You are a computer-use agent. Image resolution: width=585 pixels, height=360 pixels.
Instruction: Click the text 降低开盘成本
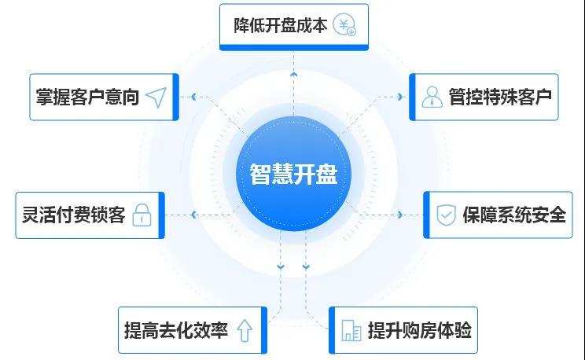[x=280, y=24]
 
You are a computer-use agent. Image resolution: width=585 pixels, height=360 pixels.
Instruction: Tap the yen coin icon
[x=344, y=25]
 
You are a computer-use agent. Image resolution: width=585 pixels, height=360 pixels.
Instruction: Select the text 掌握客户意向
[x=87, y=97]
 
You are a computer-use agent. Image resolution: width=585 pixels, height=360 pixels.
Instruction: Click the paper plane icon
[x=156, y=97]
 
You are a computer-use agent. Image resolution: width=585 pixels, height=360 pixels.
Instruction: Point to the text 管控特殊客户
[x=499, y=97]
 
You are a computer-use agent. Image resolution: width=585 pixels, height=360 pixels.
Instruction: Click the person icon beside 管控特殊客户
[x=431, y=97]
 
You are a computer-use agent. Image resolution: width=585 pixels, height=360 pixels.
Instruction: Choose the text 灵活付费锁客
[x=70, y=215]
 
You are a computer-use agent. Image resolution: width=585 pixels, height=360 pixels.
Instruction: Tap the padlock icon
[x=142, y=215]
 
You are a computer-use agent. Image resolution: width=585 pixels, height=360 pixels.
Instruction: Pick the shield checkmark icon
[x=446, y=215]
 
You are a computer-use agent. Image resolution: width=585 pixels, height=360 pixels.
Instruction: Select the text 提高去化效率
[x=176, y=330]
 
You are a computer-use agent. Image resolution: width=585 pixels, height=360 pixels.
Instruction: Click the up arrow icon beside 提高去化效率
[x=245, y=331]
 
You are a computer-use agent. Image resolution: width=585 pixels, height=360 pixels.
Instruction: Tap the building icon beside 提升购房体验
[x=351, y=331]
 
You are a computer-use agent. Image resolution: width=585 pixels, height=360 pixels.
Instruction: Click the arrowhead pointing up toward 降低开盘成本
[x=292, y=73]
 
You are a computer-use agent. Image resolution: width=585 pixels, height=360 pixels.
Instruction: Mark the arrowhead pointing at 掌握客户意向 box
[x=192, y=97]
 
